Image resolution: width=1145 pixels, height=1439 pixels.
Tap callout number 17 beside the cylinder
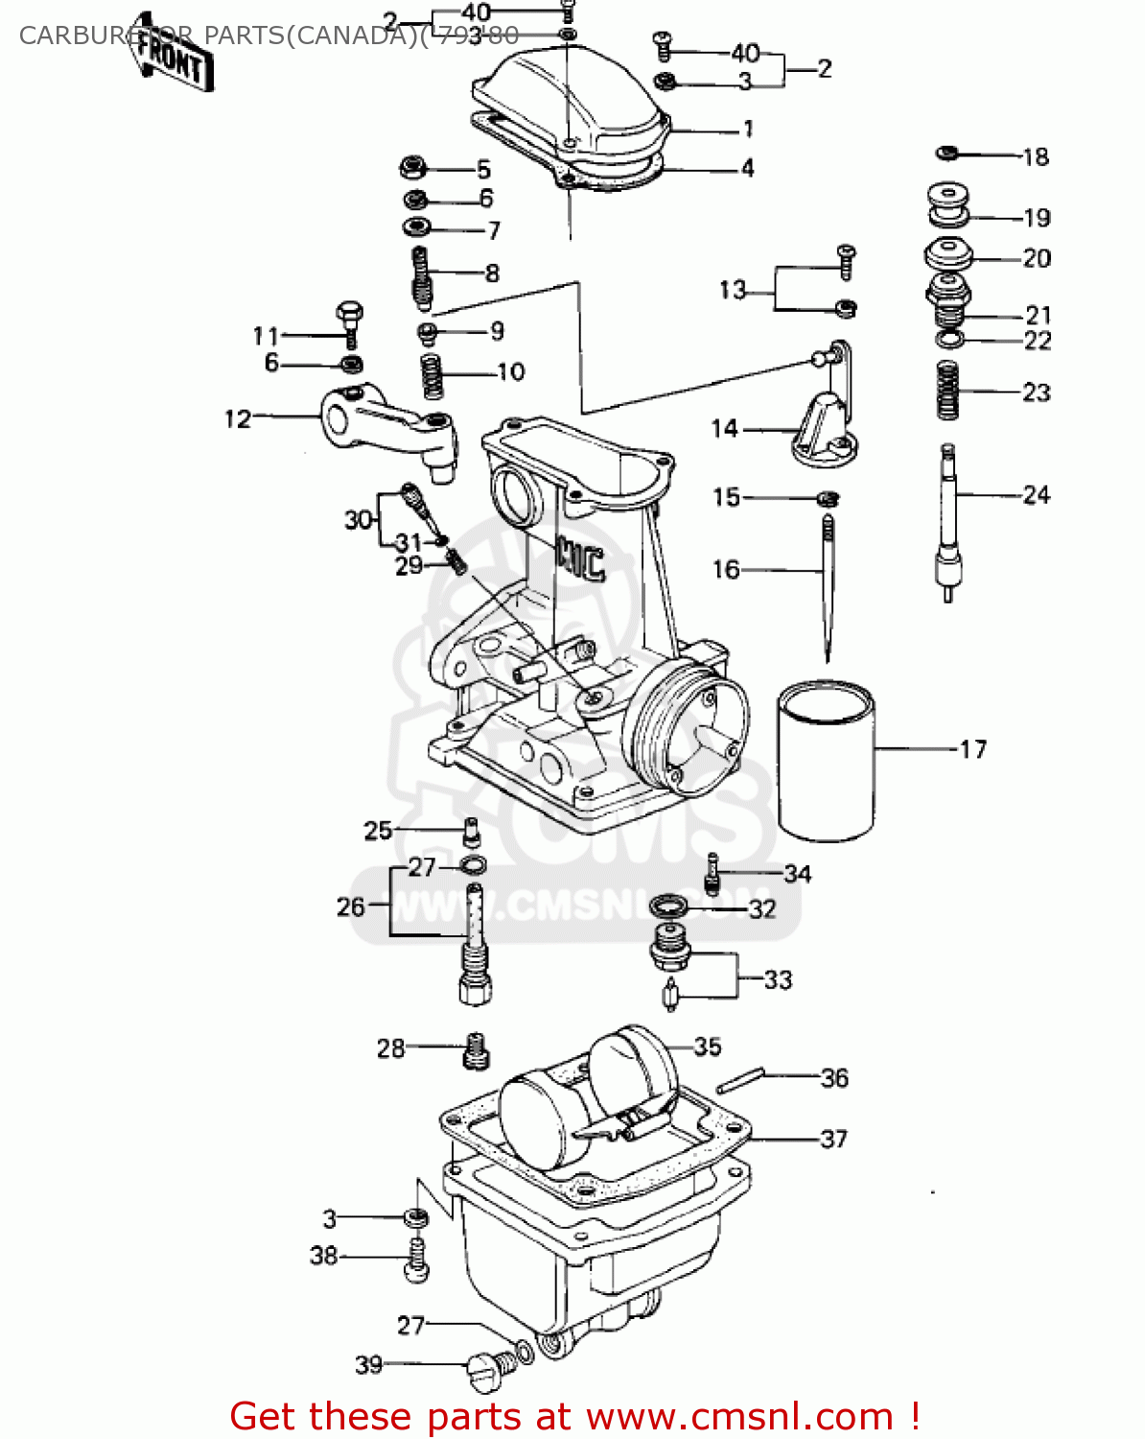click(x=972, y=749)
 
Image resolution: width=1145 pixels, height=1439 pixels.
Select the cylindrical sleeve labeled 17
click(x=825, y=758)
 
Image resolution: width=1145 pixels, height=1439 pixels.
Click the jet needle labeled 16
click(x=827, y=585)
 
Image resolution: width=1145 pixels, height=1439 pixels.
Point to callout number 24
click(x=1036, y=495)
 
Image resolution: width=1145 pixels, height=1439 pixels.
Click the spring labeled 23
click(x=947, y=389)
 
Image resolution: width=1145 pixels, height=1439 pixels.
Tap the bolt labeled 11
click(x=350, y=324)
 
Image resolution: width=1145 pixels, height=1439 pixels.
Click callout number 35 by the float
click(x=707, y=1047)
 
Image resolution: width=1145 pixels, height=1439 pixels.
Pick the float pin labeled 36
click(x=739, y=1081)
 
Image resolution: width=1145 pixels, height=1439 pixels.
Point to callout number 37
click(x=833, y=1139)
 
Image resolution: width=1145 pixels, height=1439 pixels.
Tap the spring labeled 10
click(x=432, y=374)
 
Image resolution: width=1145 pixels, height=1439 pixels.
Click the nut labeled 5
click(x=413, y=169)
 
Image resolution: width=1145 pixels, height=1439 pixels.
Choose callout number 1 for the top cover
click(x=748, y=129)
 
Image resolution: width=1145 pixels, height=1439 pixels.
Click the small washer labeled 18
click(x=946, y=153)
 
